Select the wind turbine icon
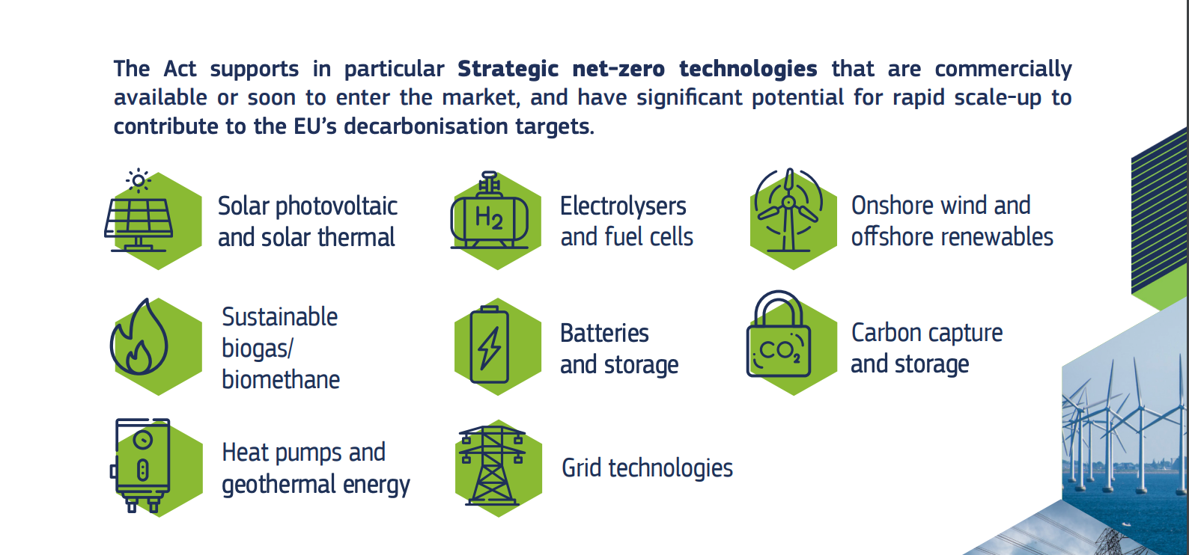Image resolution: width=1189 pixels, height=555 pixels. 788,210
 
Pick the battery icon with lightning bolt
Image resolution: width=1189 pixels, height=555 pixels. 490,345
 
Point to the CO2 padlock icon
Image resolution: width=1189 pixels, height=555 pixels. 779,334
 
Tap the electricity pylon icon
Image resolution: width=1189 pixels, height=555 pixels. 492,465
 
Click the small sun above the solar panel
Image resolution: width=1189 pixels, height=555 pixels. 139,181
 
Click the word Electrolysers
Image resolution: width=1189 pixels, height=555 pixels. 623,206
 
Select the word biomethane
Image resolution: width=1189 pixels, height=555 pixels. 281,379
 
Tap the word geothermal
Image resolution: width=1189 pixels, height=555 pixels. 279,485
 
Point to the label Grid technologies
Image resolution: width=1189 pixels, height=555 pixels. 647,468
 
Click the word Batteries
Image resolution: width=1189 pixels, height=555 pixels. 604,334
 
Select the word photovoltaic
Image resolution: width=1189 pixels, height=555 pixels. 336,206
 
